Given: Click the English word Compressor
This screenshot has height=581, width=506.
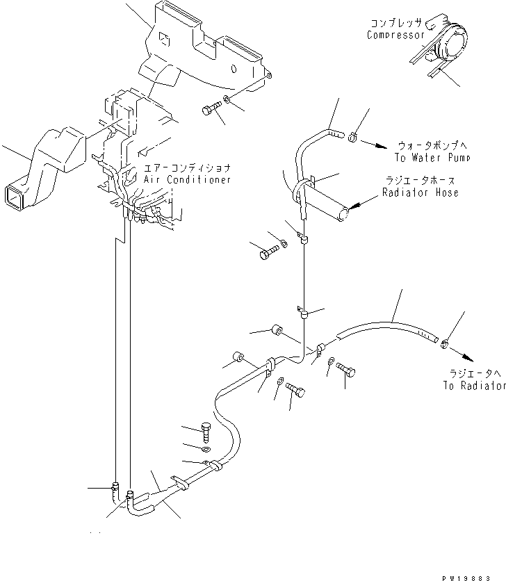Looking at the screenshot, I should pyautogui.click(x=395, y=35).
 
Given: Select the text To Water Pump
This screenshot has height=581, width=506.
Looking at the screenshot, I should pyautogui.click(x=434, y=158).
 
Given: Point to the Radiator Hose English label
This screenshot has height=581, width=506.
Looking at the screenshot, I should pyautogui.click(x=420, y=193).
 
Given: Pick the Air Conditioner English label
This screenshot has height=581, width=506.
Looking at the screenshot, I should pyautogui.click(x=187, y=179).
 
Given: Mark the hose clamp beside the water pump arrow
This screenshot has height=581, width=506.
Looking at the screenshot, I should pyautogui.click(x=352, y=136).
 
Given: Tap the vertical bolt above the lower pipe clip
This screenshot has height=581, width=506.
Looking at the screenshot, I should pyautogui.click(x=206, y=432).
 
